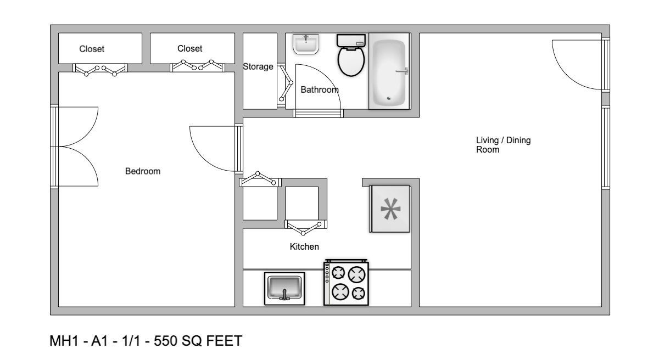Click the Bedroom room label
pyautogui.click(x=143, y=171)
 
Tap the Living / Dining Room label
pyautogui.click(x=503, y=145)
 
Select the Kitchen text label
pyautogui.click(x=304, y=247)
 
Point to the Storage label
pyautogui.click(x=258, y=67)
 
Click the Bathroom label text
pyautogui.click(x=319, y=89)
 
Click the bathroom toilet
pyautogui.click(x=351, y=57)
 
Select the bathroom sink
pyautogui.click(x=306, y=44)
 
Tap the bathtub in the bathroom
pyautogui.click(x=389, y=72)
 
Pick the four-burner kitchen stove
pyautogui.click(x=346, y=283)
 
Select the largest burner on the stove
pyautogui.click(x=358, y=274)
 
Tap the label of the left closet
pyautogui.click(x=92, y=49)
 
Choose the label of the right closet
pyautogui.click(x=189, y=49)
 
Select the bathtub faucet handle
pyautogui.click(x=403, y=71)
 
